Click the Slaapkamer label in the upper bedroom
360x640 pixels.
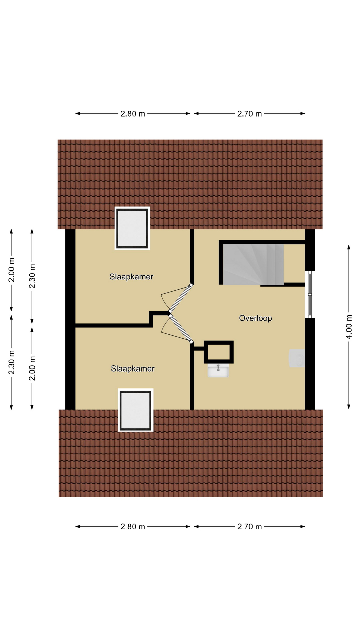(x=131, y=277)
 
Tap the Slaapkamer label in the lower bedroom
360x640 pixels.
(x=133, y=369)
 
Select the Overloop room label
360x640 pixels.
(x=255, y=318)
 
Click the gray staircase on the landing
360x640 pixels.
(x=253, y=264)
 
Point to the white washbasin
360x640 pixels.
(x=218, y=370)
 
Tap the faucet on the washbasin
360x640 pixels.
(x=218, y=367)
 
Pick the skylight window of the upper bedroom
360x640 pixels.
(x=132, y=228)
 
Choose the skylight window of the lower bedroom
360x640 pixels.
(x=136, y=410)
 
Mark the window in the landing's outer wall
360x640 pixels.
(x=310, y=294)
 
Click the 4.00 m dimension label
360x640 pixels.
(x=349, y=327)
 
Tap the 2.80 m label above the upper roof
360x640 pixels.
(x=133, y=114)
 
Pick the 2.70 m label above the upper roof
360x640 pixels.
(x=249, y=114)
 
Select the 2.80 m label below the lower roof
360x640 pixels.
(x=133, y=527)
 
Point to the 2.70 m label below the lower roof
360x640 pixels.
(x=249, y=527)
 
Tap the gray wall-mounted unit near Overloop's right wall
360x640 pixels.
(x=297, y=358)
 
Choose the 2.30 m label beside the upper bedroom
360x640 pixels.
(x=32, y=276)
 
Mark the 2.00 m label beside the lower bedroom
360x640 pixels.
(x=32, y=368)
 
